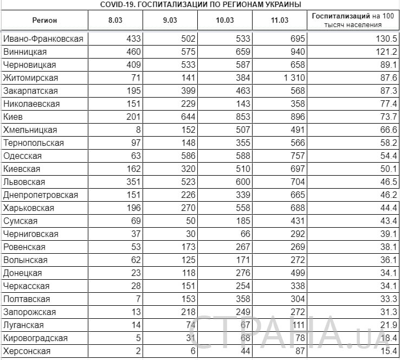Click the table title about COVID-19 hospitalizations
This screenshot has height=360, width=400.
tap(201, 4)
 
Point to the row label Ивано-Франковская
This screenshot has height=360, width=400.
tap(43, 39)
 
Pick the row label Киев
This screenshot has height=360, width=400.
tap(13, 117)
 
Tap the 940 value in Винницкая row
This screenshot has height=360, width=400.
tap(298, 52)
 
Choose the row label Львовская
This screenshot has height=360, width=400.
tap(24, 182)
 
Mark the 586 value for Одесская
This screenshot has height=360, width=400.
tap(188, 156)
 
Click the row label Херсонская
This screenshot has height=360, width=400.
tap(27, 351)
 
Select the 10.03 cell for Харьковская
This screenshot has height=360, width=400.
tap(242, 208)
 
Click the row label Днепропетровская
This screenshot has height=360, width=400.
tap(41, 195)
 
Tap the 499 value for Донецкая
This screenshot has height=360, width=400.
tap(298, 273)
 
